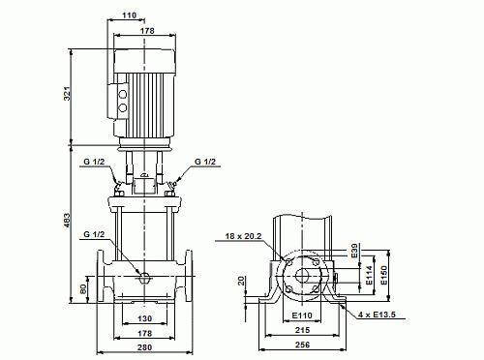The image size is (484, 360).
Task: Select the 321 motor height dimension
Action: tap(68, 93)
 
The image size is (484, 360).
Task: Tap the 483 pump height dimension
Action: tap(68, 222)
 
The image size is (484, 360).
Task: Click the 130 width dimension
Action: tap(143, 319)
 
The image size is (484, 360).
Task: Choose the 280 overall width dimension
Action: tap(143, 347)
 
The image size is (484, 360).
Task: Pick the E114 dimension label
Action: tap(368, 279)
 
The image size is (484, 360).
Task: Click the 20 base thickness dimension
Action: tap(241, 281)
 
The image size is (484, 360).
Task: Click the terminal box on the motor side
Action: tap(123, 95)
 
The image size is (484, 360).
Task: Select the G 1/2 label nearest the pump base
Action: tap(94, 234)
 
